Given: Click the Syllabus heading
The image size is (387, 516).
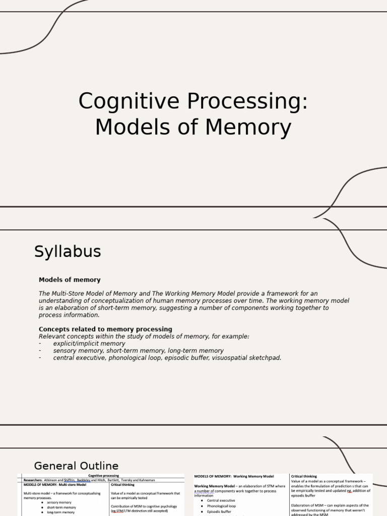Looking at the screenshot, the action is [x=68, y=251].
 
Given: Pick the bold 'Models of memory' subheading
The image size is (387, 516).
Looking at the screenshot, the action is [x=70, y=280].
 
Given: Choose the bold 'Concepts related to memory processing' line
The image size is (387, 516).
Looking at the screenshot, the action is [x=105, y=329].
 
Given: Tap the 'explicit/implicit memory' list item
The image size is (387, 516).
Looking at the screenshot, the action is [x=89, y=343].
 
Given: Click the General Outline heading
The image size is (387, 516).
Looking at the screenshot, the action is [x=76, y=466].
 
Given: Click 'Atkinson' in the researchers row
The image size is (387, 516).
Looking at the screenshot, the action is [x=53, y=480].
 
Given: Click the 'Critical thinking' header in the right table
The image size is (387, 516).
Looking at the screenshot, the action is [x=304, y=476].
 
